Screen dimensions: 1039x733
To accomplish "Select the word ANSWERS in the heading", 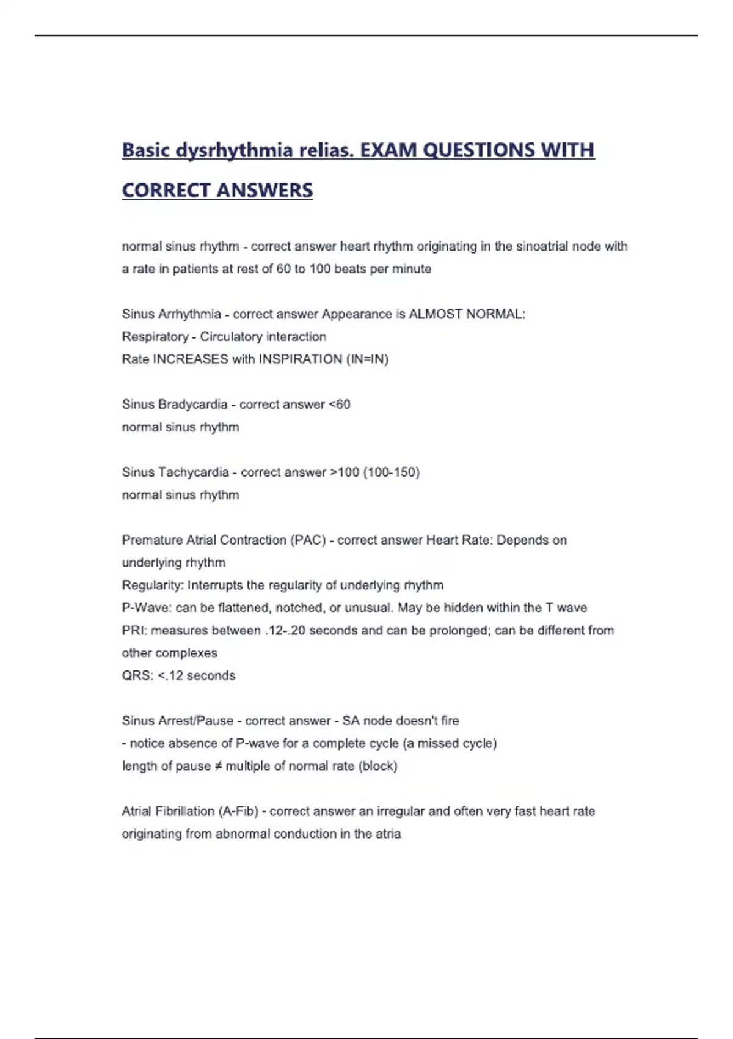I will (264, 191).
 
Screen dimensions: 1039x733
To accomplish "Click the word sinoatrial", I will (546, 246).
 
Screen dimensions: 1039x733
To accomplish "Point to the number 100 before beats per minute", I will (319, 269).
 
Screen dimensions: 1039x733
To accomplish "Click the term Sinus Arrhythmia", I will (171, 314).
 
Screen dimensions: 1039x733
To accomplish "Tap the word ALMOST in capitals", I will (436, 314).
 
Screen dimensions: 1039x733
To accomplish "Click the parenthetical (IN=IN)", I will (367, 359).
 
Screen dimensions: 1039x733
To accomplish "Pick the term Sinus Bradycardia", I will (175, 405).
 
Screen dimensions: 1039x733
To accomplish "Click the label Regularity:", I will (153, 586).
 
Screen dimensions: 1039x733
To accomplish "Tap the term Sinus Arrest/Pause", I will (177, 721).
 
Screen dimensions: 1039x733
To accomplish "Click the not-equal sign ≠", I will (217, 766).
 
